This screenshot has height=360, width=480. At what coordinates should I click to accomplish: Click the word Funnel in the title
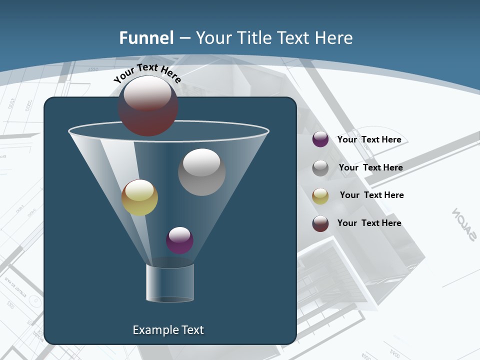click(146, 37)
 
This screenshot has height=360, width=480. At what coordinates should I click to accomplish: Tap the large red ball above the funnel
click(147, 105)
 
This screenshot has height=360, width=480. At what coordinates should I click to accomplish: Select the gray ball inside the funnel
click(201, 172)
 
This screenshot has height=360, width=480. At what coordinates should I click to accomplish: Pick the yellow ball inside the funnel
click(139, 197)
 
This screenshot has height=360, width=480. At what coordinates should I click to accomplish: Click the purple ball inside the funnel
click(179, 240)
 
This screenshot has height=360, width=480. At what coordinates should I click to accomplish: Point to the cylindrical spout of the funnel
click(170, 282)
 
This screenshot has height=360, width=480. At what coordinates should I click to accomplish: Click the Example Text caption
click(168, 330)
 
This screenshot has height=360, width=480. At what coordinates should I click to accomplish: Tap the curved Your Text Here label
click(147, 73)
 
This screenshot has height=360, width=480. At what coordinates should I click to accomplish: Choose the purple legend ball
click(320, 139)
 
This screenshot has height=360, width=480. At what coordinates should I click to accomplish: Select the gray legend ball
click(320, 168)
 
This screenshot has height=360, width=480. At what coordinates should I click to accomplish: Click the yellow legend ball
click(320, 196)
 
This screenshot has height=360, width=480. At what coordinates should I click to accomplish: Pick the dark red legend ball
click(320, 223)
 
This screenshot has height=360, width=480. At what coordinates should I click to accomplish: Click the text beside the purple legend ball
click(369, 139)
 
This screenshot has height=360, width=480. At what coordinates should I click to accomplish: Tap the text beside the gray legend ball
click(370, 167)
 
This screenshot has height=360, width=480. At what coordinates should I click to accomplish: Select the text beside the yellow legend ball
click(371, 195)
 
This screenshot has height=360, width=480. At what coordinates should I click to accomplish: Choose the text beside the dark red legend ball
click(369, 223)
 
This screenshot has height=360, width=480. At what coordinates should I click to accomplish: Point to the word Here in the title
click(334, 37)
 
